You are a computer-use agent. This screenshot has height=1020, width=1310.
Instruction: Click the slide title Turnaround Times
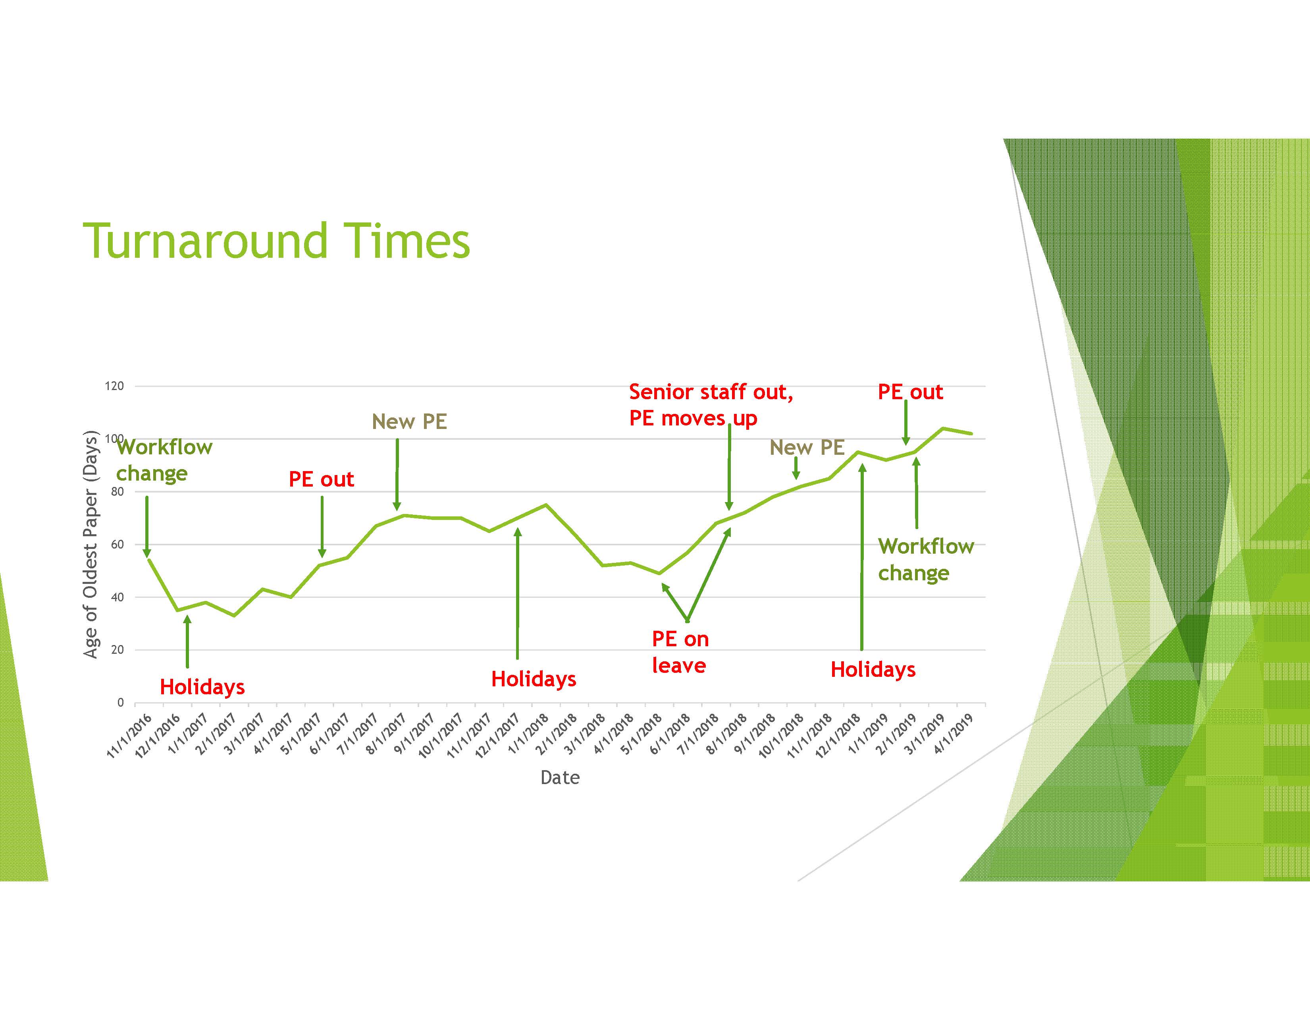tap(277, 241)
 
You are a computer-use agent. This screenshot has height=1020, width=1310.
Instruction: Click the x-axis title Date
tap(560, 778)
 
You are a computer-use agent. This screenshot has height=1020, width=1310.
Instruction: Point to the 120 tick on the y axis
tap(115, 386)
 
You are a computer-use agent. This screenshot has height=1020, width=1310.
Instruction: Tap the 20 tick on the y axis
tap(118, 650)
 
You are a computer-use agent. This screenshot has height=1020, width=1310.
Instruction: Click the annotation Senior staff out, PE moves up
tap(711, 405)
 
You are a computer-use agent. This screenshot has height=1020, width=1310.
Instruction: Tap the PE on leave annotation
tap(680, 652)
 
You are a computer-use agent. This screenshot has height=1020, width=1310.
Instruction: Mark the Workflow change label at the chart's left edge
tap(164, 460)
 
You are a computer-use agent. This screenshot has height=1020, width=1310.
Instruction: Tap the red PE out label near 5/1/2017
tap(322, 479)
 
